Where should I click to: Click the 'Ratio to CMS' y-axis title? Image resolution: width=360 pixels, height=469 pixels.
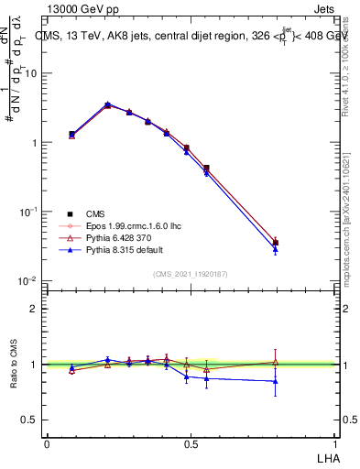pyautogui.click(x=14, y=365)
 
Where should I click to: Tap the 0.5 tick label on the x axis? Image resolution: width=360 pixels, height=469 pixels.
pyautogui.click(x=191, y=442)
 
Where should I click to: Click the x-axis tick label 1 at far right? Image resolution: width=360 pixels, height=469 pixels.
pyautogui.click(x=335, y=442)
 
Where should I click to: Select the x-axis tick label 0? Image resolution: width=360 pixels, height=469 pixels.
pyautogui.click(x=46, y=442)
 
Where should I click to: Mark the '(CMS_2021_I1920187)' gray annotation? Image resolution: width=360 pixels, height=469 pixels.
pyautogui.click(x=191, y=273)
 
